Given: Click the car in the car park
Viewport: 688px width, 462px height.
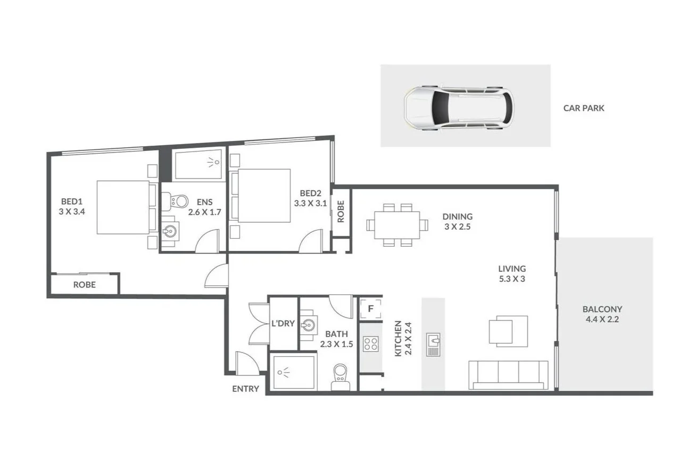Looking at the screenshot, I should tap(459, 107).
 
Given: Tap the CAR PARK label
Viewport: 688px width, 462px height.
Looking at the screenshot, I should tap(584, 108).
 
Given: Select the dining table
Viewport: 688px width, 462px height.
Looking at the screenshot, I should tap(396, 225).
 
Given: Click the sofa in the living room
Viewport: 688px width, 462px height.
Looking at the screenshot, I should tap(508, 374).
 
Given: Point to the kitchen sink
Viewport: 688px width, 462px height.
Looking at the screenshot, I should tap(433, 345).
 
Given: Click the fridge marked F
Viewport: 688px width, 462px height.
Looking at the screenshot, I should tap(371, 308).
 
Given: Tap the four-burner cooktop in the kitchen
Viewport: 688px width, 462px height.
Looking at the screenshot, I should tap(370, 344).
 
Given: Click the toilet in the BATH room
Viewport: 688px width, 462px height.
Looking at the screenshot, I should tap(339, 376).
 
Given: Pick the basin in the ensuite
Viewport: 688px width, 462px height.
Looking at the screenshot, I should tap(170, 232).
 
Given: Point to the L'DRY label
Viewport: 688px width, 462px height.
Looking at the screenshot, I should tap(283, 323).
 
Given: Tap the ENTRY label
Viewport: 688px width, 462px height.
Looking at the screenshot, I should tap(245, 389).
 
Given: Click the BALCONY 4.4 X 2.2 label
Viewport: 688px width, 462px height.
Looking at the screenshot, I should tap(602, 314).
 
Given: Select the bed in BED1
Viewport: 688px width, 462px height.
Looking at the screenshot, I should tap(123, 207).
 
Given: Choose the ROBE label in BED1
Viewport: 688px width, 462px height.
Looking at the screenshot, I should tap(84, 284).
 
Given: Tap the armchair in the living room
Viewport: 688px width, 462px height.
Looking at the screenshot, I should tap(508, 331).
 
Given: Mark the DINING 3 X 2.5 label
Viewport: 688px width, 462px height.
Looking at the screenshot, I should tap(457, 221).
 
